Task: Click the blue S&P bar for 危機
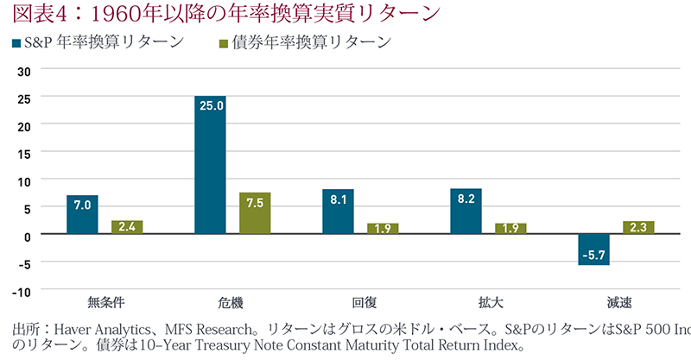(x=210, y=165)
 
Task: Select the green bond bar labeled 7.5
(x=256, y=213)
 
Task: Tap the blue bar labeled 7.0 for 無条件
(x=82, y=215)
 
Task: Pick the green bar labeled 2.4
(x=127, y=227)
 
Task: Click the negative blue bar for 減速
(x=594, y=249)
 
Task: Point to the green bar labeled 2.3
(x=639, y=228)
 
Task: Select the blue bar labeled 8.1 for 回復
(x=338, y=212)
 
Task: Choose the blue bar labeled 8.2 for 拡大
(x=466, y=212)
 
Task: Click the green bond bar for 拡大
(x=510, y=229)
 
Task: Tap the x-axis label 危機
(x=231, y=303)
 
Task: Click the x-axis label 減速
(x=617, y=303)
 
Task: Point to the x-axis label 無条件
(x=105, y=303)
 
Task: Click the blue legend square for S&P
(x=16, y=42)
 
